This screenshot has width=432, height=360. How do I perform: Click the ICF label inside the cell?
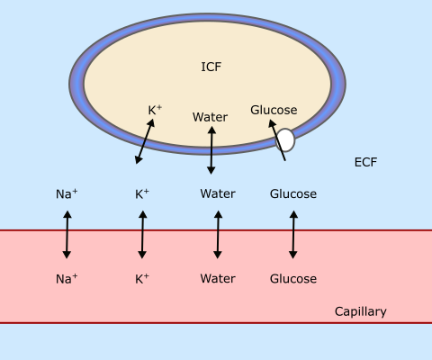click(x=211, y=67)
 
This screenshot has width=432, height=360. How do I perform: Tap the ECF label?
click(x=365, y=162)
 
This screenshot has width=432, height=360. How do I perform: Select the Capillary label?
click(x=361, y=311)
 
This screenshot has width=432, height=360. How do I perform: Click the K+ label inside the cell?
click(x=155, y=110)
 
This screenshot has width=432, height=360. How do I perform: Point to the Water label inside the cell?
click(x=210, y=117)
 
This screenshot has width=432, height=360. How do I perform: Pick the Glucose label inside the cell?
click(x=274, y=110)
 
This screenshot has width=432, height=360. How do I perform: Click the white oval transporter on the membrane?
click(x=285, y=139)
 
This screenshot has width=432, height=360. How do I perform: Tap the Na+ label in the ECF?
click(x=67, y=194)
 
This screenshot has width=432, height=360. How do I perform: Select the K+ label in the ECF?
click(x=142, y=194)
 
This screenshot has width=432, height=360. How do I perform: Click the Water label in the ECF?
click(x=218, y=193)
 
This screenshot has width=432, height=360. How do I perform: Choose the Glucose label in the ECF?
click(x=293, y=194)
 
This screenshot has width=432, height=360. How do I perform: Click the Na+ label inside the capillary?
click(x=67, y=279)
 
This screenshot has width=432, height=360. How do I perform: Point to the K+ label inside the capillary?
click(x=142, y=279)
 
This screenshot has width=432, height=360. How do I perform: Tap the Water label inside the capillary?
click(x=218, y=279)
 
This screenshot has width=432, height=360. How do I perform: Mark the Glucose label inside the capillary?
click(x=293, y=279)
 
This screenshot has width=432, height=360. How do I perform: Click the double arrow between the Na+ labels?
click(x=67, y=235)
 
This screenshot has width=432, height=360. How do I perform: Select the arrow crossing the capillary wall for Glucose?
click(x=293, y=235)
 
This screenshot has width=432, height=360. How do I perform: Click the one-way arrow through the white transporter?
click(x=276, y=139)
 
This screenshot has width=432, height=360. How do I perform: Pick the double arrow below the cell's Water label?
click(x=211, y=150)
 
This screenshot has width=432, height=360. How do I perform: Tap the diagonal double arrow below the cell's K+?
click(x=145, y=141)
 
